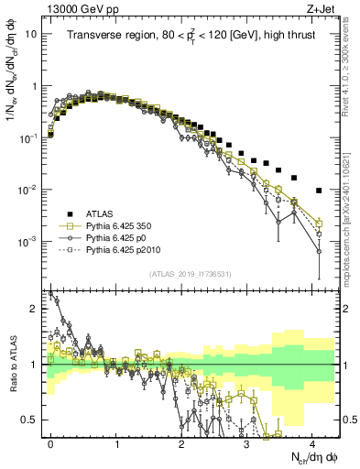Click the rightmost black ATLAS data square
pyautogui.click(x=318, y=191)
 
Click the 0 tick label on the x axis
pyautogui.click(x=51, y=441)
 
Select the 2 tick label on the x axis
pyautogui.click(x=181, y=441)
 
